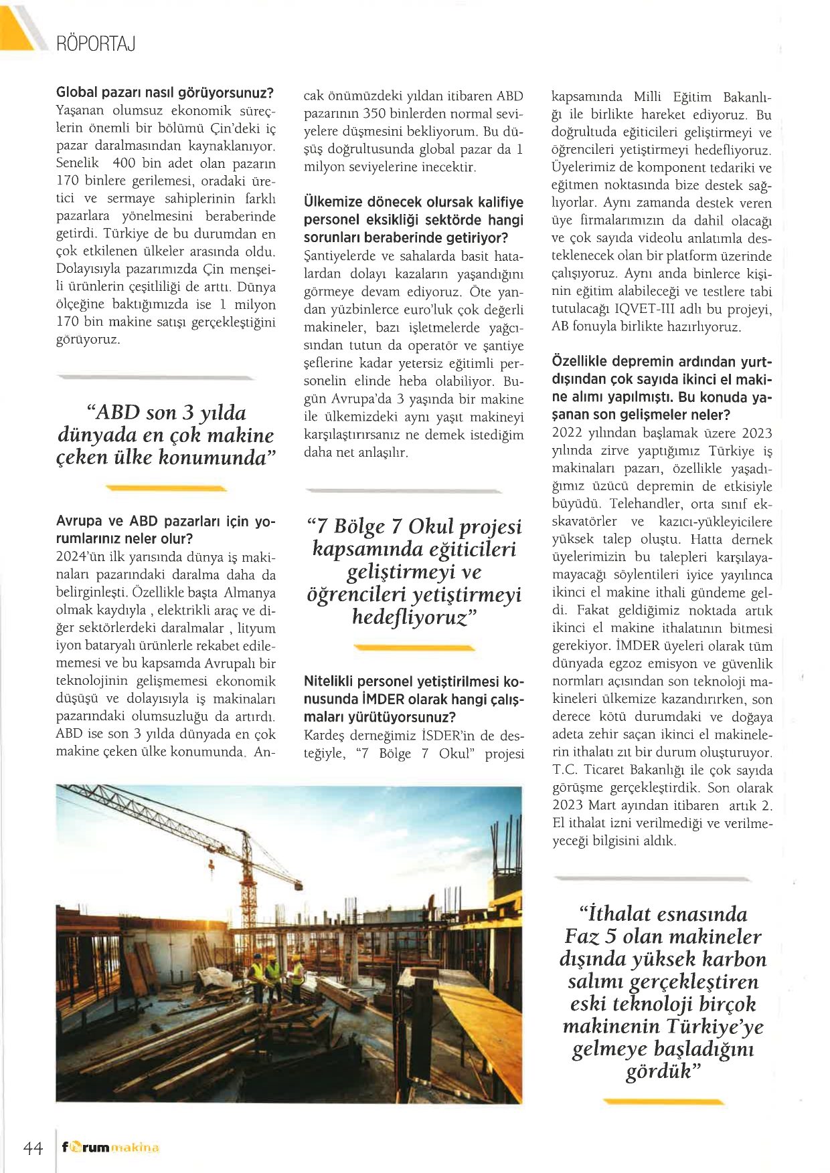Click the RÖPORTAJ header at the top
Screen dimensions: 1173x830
[96, 44]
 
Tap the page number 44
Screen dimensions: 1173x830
[33, 1148]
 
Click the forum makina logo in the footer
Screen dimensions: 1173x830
[110, 1148]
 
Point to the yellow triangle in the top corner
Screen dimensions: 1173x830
[17, 27]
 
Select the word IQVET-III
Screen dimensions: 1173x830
[647, 310]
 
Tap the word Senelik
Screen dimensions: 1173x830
[77, 163]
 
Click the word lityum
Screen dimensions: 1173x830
[256, 628]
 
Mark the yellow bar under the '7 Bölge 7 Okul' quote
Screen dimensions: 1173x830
[414, 647]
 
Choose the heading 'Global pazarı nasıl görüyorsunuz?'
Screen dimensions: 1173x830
[165, 92]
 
